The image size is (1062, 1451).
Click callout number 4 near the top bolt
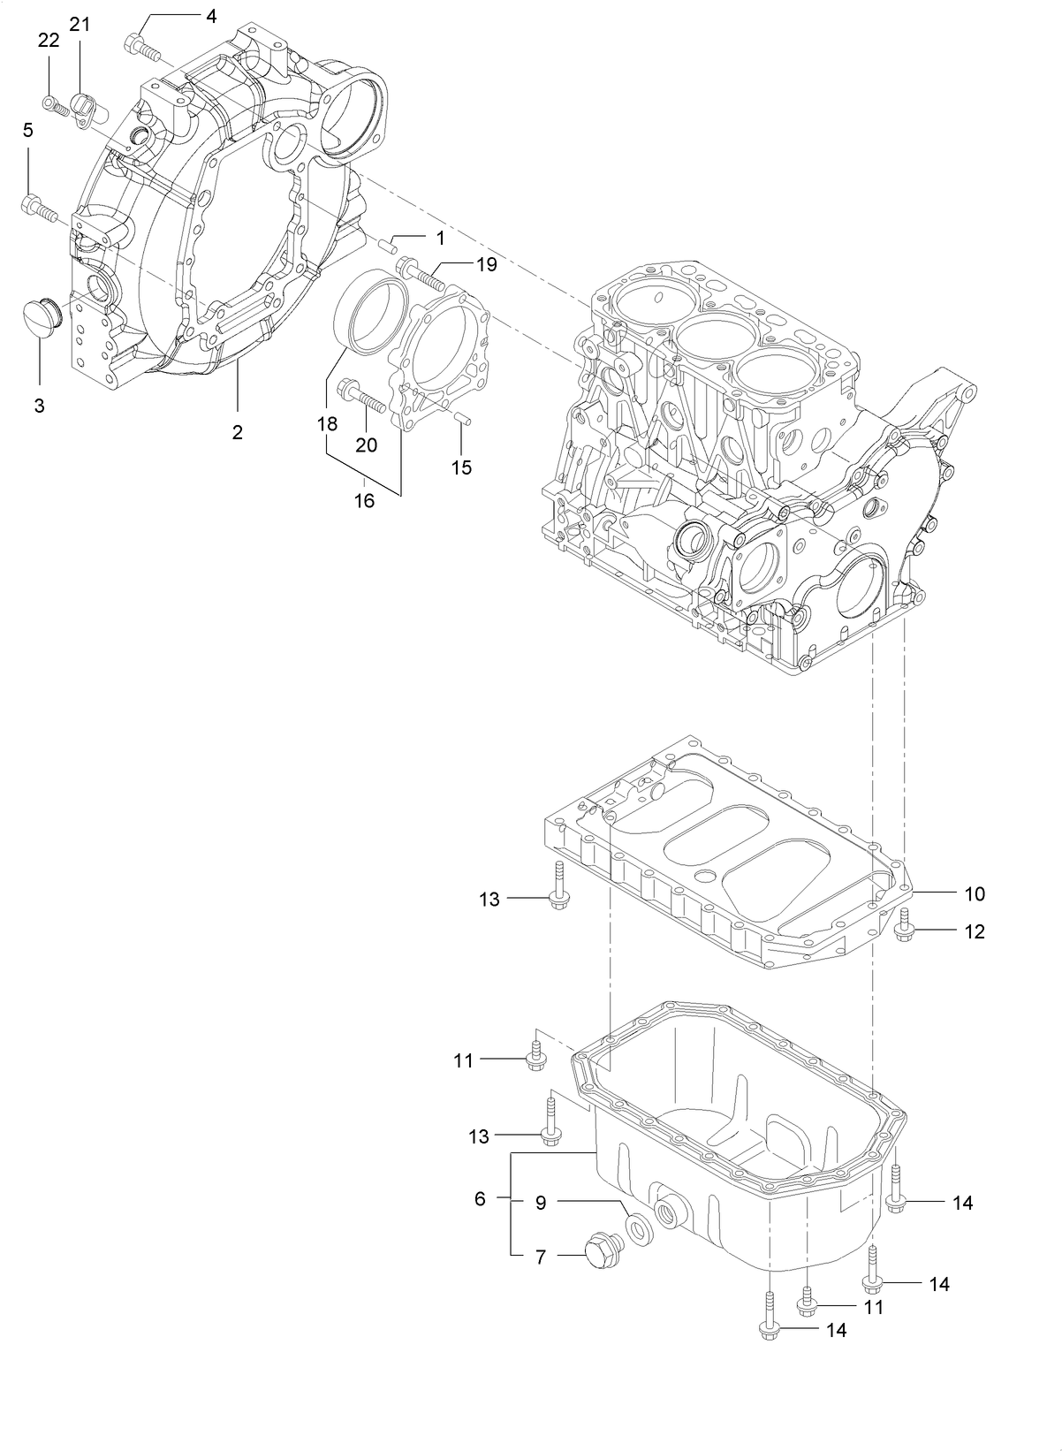coord(210,16)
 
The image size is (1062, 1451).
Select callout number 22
coord(49,39)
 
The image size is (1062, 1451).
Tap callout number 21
coord(80,25)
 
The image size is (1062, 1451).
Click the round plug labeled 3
coord(40,316)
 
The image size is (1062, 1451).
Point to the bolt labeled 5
coord(38,209)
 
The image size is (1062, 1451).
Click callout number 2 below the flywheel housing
coord(237,432)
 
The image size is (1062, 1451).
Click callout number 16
coord(364,501)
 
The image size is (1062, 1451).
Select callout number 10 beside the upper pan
coord(974,893)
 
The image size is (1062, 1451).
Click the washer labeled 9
coord(637,1228)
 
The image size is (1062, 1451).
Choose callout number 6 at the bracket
coord(480,1199)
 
